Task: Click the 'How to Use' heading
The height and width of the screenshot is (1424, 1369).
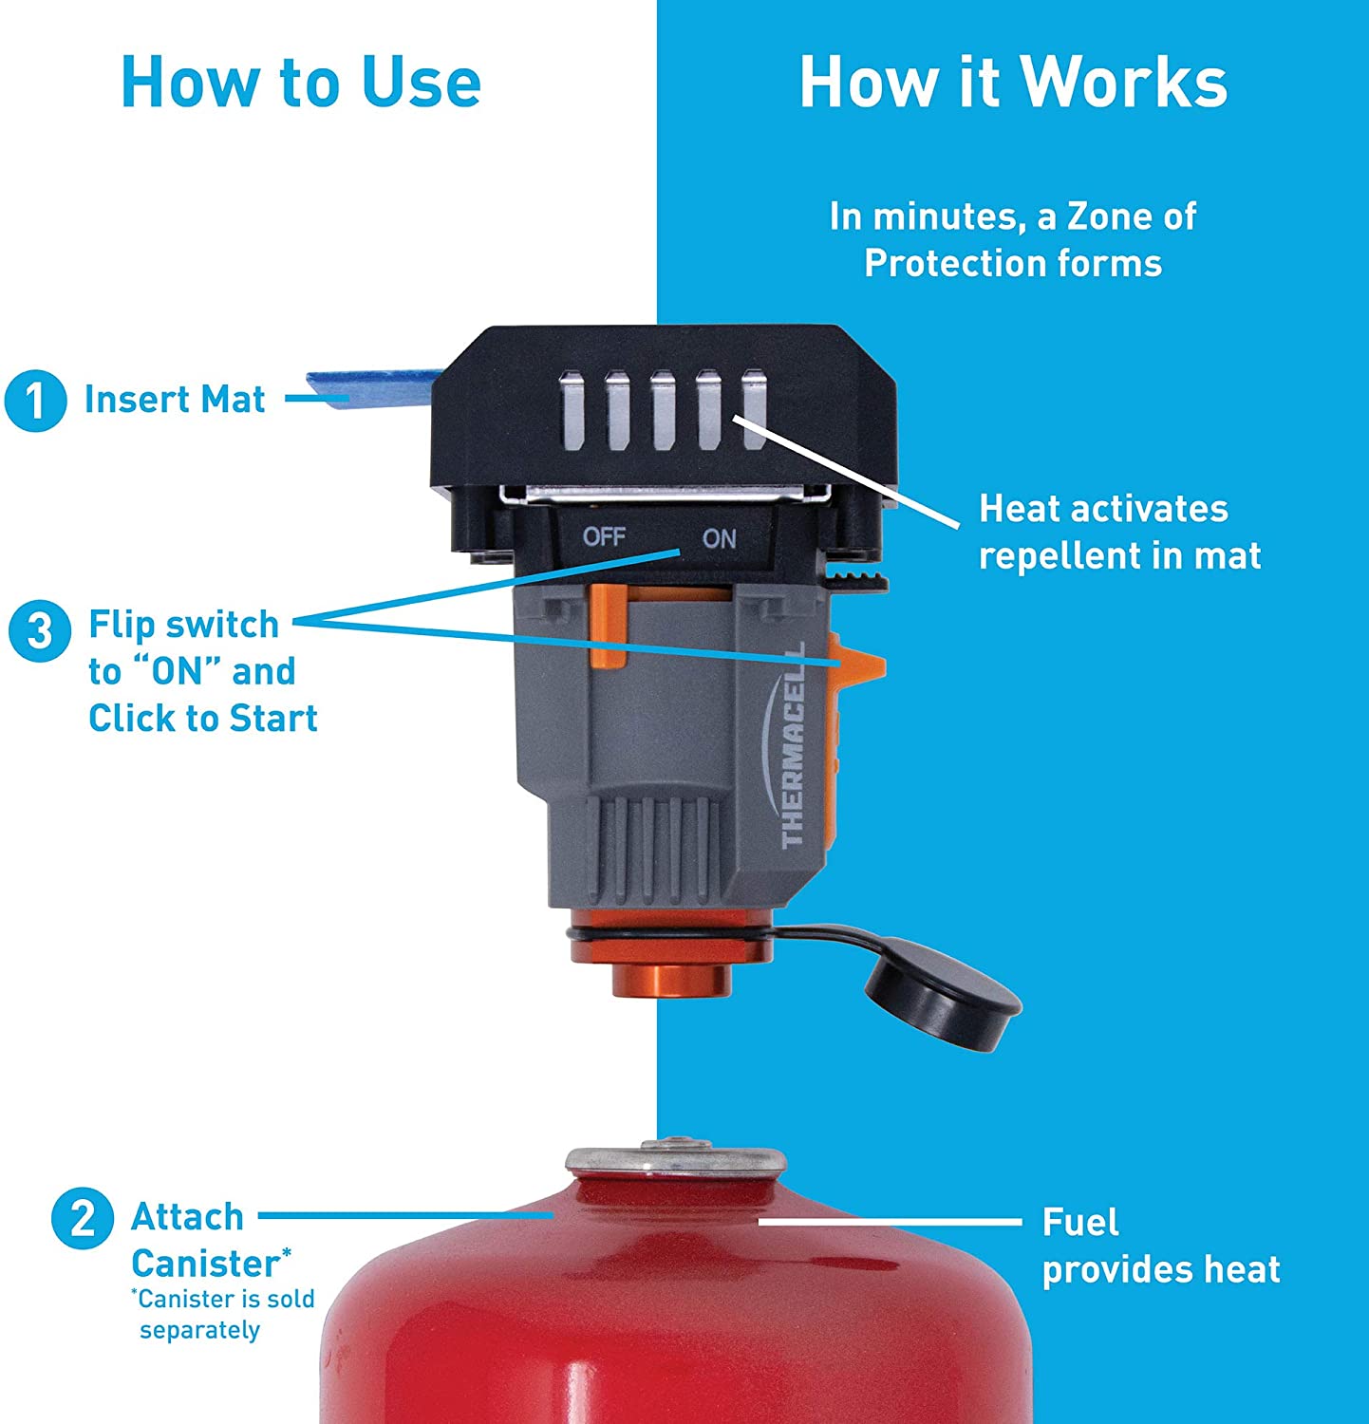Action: point(301,82)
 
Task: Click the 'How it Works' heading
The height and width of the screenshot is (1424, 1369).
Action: point(1013,82)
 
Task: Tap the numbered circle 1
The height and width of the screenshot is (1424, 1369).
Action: point(35,400)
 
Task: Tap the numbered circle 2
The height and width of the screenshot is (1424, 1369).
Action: point(83,1217)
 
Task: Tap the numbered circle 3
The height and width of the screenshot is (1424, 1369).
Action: point(39,629)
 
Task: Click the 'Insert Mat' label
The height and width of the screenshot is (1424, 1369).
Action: point(175,400)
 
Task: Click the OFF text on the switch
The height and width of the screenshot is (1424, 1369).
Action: point(604,536)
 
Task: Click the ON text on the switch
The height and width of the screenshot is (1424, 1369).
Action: point(719,538)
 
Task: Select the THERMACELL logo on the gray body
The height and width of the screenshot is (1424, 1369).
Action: point(795,744)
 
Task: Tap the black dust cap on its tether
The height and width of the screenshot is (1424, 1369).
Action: point(942,992)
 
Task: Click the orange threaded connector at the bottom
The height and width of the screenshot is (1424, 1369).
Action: point(670,955)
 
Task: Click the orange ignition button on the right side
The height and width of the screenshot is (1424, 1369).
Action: point(856,665)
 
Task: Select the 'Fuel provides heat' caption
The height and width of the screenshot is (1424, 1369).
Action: point(1161,1246)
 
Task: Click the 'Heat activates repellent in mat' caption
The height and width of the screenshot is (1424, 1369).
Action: point(1119,532)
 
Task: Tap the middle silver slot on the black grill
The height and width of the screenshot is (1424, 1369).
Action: point(662,411)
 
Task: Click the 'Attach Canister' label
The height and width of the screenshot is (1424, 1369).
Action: point(210,1240)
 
